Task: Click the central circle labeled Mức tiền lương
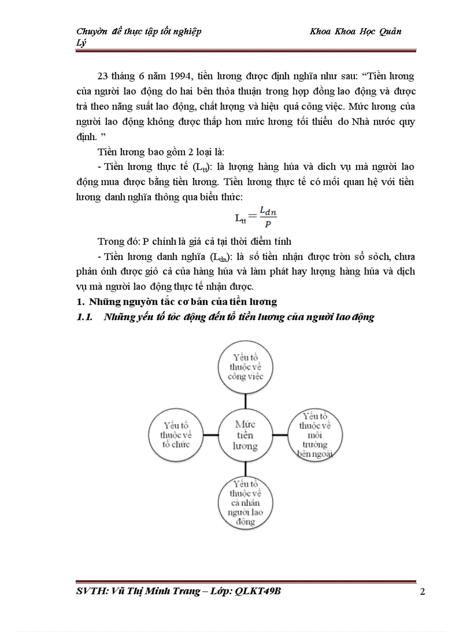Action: (245, 435)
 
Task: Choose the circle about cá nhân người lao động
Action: (245, 503)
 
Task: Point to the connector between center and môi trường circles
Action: (280, 435)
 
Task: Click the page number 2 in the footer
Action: (422, 592)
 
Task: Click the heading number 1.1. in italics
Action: (87, 317)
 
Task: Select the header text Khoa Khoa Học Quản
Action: (355, 32)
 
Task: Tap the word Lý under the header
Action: (81, 43)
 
